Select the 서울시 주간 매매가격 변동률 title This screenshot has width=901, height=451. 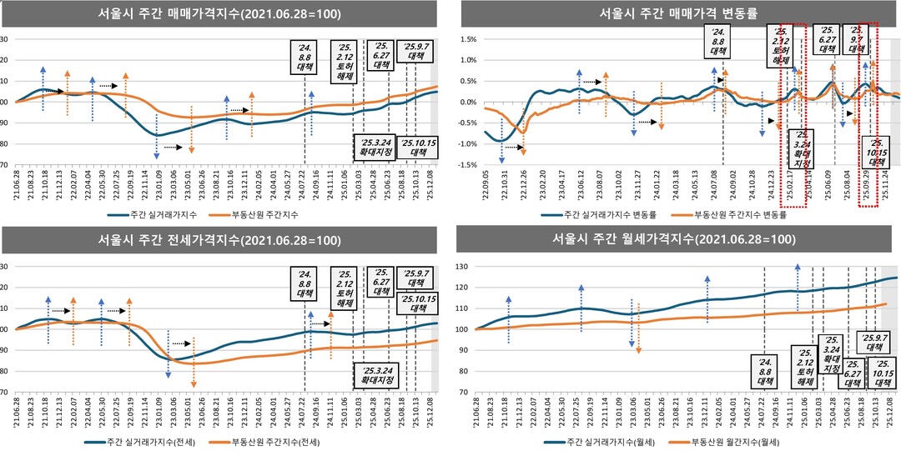pos(677,14)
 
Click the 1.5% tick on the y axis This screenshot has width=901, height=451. pos(465,39)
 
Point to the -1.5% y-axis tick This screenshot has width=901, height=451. pos(463,164)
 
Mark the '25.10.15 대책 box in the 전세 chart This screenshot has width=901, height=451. pos(415,303)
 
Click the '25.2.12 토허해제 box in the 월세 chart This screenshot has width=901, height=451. pos(805,366)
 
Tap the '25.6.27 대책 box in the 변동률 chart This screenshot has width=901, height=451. pos(826,39)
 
